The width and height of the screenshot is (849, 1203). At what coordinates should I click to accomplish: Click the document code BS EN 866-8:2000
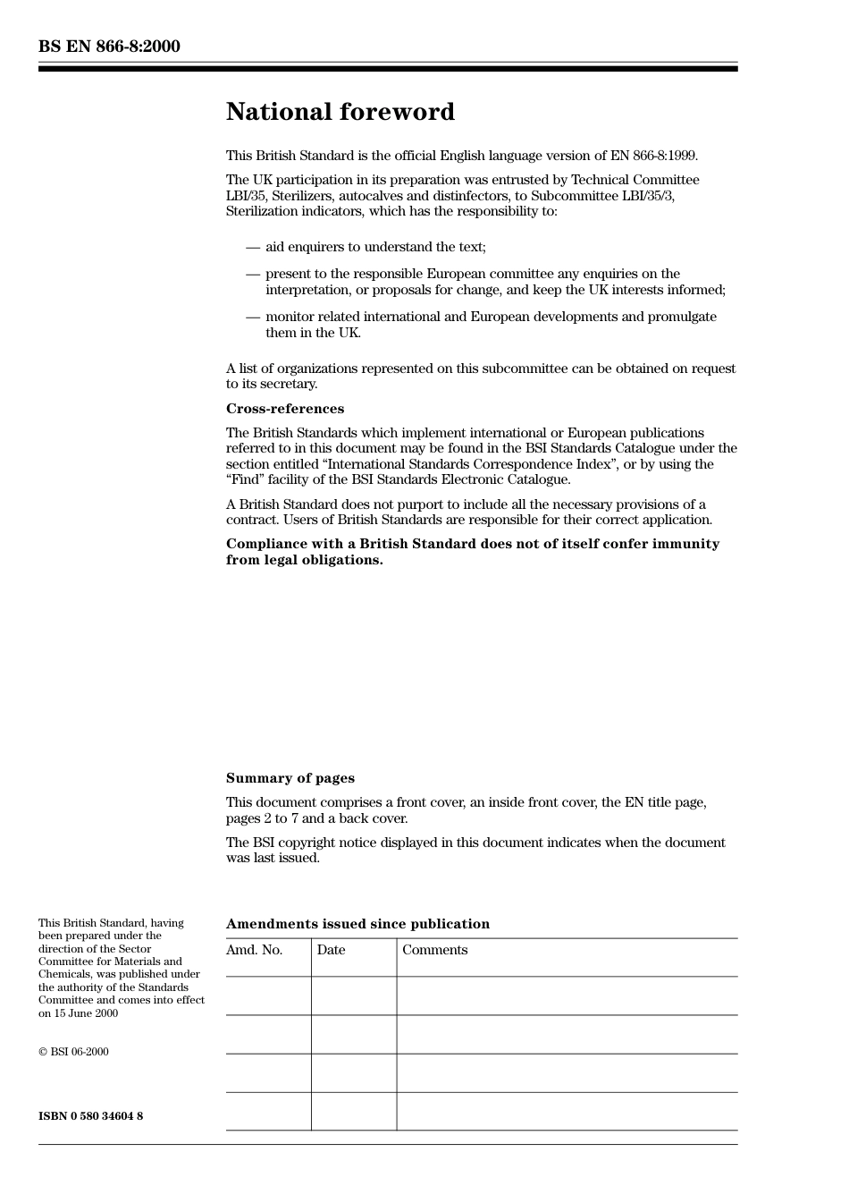tap(109, 47)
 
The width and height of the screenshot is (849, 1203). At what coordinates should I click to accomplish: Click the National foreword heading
tap(340, 112)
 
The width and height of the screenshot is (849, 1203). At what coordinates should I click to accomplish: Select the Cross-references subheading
tap(284, 409)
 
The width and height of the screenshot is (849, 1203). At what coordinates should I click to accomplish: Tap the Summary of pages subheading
tap(290, 778)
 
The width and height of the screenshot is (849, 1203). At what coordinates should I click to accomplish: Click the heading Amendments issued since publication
tap(357, 924)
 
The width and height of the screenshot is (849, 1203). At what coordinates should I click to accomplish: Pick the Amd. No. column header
tap(254, 950)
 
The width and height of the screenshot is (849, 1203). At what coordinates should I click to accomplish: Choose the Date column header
tap(331, 950)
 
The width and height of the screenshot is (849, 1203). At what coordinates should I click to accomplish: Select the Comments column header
tap(434, 950)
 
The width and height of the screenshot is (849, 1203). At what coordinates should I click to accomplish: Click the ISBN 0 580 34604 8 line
tap(90, 1116)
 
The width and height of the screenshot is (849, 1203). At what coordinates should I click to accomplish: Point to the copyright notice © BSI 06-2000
tap(73, 1052)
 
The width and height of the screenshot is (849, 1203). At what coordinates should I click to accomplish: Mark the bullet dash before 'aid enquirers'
tap(253, 247)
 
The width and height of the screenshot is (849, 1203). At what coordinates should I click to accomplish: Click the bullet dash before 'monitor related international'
tap(253, 317)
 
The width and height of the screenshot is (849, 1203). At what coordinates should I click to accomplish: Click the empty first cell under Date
tap(354, 995)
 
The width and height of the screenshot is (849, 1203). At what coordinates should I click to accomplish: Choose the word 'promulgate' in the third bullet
tap(682, 317)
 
